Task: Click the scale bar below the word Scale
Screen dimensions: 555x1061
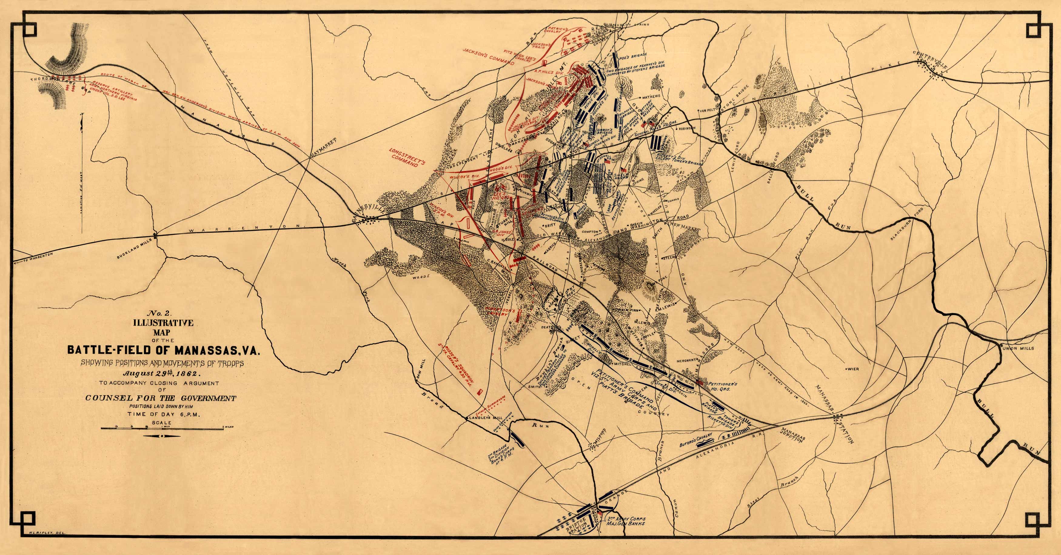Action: point(163,429)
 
